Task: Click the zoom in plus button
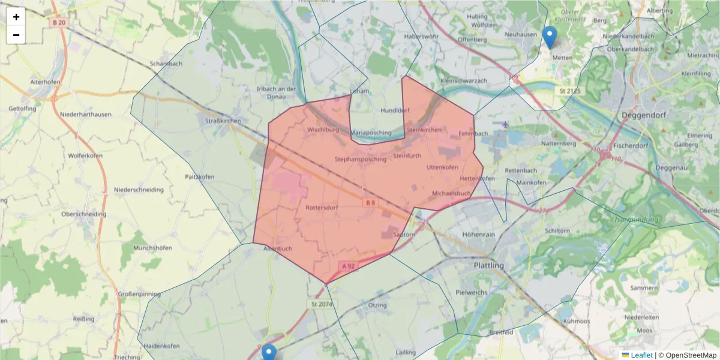[16, 17]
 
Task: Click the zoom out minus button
[16, 35]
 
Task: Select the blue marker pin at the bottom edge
[269, 353]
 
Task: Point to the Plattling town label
[488, 265]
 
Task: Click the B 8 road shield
[370, 203]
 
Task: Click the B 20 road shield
[58, 23]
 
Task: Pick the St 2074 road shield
[322, 305]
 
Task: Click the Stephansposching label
[361, 160]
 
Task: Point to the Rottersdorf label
[322, 208]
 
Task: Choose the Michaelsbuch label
[451, 194]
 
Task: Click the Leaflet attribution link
[640, 355]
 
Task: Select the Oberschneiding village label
[83, 214]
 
